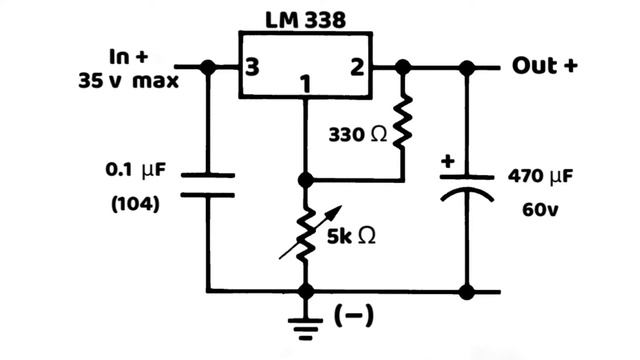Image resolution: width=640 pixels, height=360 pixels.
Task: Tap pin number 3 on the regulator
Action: coord(254,68)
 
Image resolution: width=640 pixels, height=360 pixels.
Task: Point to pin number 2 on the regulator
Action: coord(356,68)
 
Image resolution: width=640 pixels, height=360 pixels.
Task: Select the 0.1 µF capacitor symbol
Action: coord(208,184)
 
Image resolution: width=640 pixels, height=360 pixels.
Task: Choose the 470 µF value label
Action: coord(540,178)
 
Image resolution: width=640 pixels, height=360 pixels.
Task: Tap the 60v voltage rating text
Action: coord(540,211)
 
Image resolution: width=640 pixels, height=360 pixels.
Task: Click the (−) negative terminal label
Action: coord(354,317)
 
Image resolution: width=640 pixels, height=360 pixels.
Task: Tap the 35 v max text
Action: coord(129,81)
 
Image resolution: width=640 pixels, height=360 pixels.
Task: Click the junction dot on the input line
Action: coord(208,68)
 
